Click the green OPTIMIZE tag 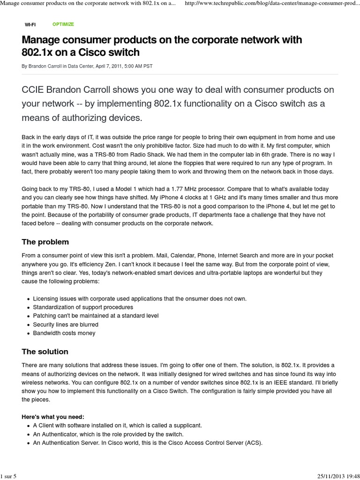click(x=63, y=24)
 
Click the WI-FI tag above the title click(x=30, y=24)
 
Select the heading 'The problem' click(x=45, y=242)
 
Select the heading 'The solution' click(x=45, y=352)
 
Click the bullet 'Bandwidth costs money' click(x=64, y=333)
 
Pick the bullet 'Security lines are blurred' click(x=66, y=324)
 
